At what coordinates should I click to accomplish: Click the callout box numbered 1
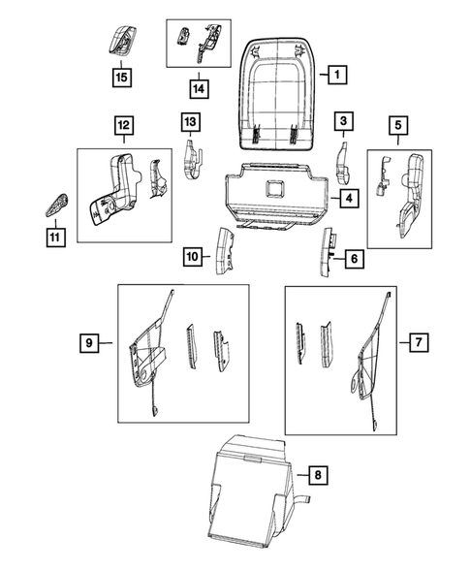(335, 73)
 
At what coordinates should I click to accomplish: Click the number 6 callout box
(355, 259)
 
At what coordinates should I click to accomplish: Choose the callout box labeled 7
(418, 341)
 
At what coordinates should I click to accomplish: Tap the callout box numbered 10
(193, 256)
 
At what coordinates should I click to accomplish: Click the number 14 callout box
(198, 89)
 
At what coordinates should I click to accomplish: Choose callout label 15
(122, 75)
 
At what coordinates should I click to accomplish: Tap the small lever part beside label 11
(55, 204)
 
